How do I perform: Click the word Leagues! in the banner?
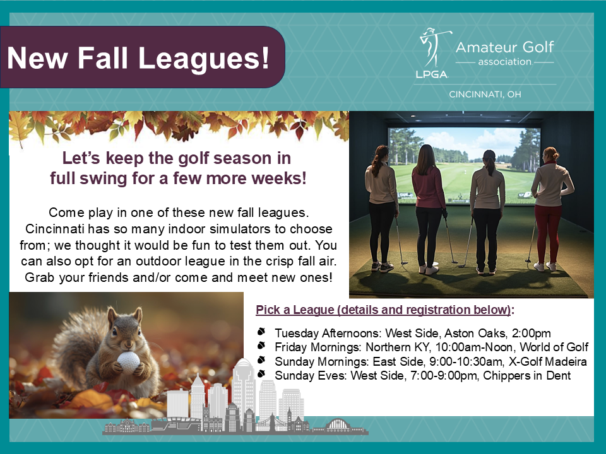pos(204,58)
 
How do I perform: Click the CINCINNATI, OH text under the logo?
pos(485,94)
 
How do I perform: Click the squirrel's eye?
pos(115,332)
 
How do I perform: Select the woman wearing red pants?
pos(550,209)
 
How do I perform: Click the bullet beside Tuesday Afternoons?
pos(261,332)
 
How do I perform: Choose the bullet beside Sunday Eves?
pos(261,374)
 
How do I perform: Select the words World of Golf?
pos(554,347)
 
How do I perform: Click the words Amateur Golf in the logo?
pos(505,47)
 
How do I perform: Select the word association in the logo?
pos(505,62)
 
